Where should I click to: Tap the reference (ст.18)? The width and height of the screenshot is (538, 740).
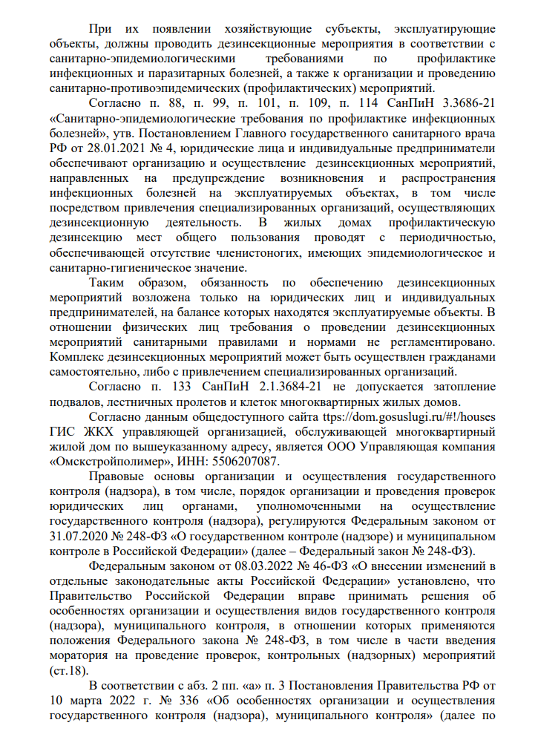66,673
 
